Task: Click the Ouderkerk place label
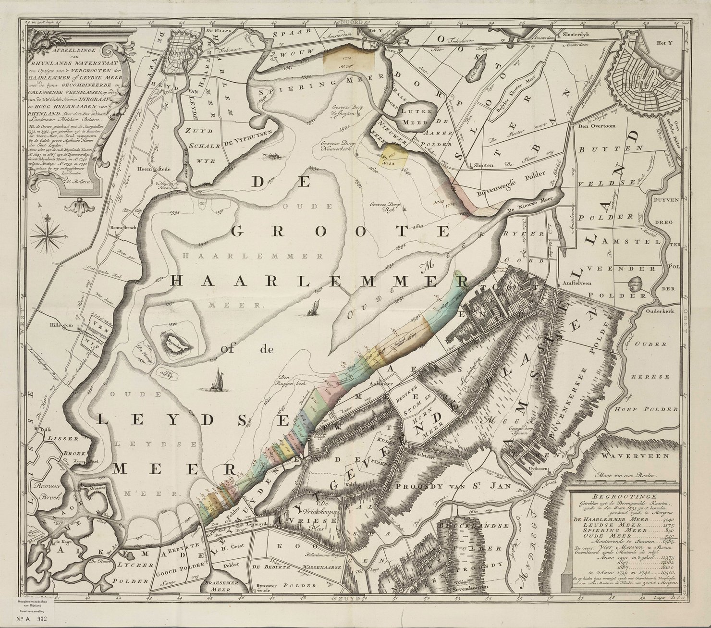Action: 661,311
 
